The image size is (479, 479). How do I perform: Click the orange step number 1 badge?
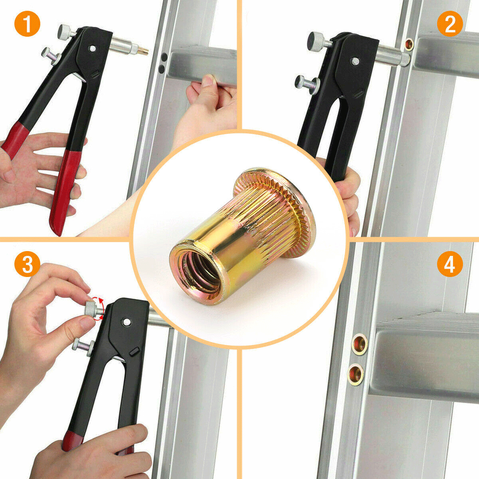(x=27, y=24)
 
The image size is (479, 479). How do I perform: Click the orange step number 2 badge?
(x=450, y=24)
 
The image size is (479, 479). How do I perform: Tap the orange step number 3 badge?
(x=27, y=264)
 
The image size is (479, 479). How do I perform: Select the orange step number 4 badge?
(x=450, y=264)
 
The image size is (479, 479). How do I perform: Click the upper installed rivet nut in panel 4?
(x=359, y=344)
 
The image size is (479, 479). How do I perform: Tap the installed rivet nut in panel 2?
(x=409, y=44)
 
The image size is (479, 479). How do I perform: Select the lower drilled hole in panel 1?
(x=162, y=69)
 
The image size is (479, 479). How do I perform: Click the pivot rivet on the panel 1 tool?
(x=93, y=48)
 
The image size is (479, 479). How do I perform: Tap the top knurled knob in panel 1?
(x=64, y=31)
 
